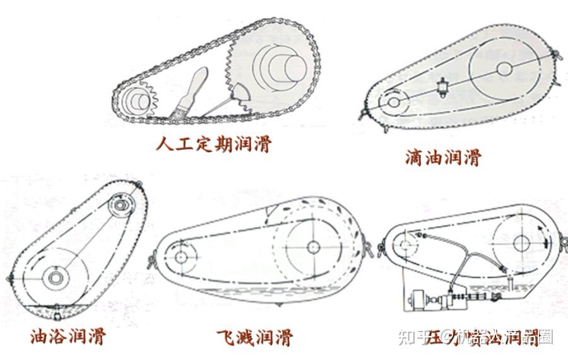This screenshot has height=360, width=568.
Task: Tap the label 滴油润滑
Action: click(442, 156)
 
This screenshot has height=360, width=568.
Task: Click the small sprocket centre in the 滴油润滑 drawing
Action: click(394, 101)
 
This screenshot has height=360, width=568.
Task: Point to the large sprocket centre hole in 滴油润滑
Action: click(505, 68)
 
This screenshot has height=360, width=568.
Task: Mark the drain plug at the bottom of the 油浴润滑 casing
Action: click(56, 308)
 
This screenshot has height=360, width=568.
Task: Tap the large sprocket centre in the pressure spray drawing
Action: click(521, 243)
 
